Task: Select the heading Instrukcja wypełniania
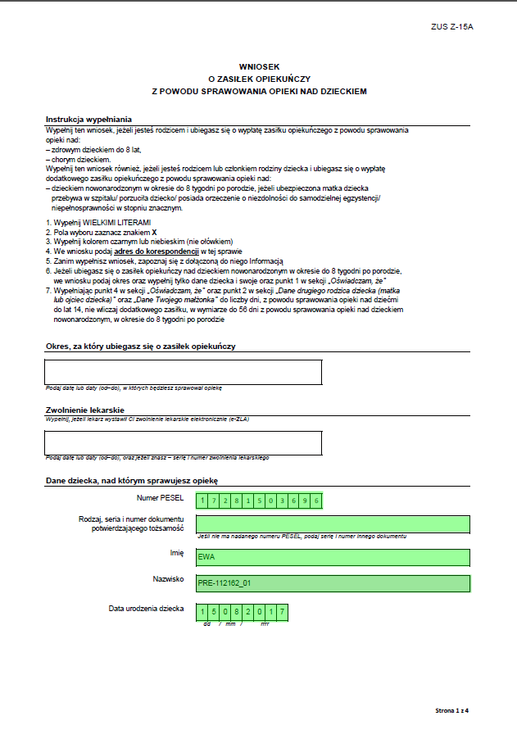88,119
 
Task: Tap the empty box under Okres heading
184,372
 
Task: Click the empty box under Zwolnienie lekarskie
184,442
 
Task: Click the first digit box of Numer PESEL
202,501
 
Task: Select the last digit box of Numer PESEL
316,501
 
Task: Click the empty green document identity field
333,523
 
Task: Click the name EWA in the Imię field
206,557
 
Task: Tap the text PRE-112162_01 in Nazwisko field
224,584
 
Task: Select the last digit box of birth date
282,611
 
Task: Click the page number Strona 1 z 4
456,709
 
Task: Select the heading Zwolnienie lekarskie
85,409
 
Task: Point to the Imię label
175,552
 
